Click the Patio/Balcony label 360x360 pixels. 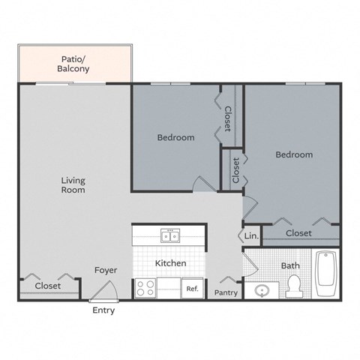coord(73,64)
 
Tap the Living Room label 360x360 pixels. coord(73,185)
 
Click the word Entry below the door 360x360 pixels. coord(103,310)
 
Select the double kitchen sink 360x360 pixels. coord(169,237)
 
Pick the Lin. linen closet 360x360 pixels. coord(250,236)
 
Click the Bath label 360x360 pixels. coord(289,265)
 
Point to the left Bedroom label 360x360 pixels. coord(175,137)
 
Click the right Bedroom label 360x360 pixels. coord(293,154)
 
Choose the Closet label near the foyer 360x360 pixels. coord(48,286)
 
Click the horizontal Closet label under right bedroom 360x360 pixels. coord(298,233)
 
